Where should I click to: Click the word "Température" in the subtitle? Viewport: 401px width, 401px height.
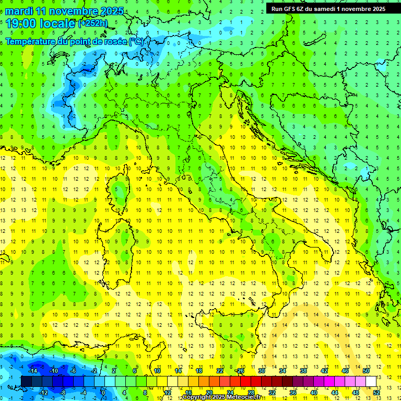pyautogui.click(x=32, y=41)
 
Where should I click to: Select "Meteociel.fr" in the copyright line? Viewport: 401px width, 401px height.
pyautogui.click(x=243, y=397)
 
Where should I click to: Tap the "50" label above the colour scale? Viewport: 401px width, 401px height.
pyautogui.click(x=365, y=371)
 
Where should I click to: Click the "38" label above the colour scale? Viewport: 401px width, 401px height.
pyautogui.click(x=303, y=371)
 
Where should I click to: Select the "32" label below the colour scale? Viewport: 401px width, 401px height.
pyautogui.click(x=272, y=393)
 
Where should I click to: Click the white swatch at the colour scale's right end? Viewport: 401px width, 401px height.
pyautogui.click(x=371, y=381)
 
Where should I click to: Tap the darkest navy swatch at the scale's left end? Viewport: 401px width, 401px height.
pyautogui.click(x=26, y=381)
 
